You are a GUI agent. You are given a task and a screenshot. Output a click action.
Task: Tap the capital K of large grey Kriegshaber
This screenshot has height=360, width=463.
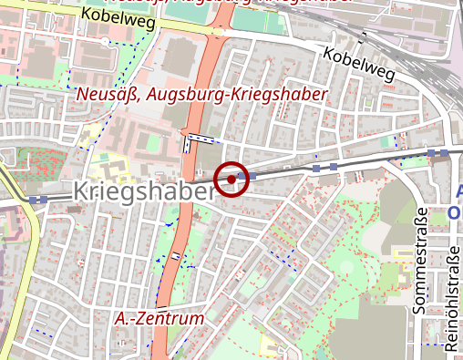click(79, 191)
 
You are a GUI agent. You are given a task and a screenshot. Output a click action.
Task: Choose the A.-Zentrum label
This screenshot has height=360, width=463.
click(159, 319)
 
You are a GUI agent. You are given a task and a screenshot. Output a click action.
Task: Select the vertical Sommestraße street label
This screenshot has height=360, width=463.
click(421, 258)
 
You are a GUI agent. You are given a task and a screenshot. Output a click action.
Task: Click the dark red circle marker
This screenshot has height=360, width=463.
click(232, 179)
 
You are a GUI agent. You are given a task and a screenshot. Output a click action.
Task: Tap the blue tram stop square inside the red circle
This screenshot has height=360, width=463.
click(240, 176)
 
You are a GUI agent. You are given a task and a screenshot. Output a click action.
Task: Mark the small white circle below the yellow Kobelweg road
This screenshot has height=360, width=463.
click(108, 41)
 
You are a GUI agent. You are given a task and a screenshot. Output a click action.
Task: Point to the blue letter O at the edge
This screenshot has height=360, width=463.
click(455, 213)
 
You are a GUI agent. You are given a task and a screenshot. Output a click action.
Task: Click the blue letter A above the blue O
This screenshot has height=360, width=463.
click(458, 193)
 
